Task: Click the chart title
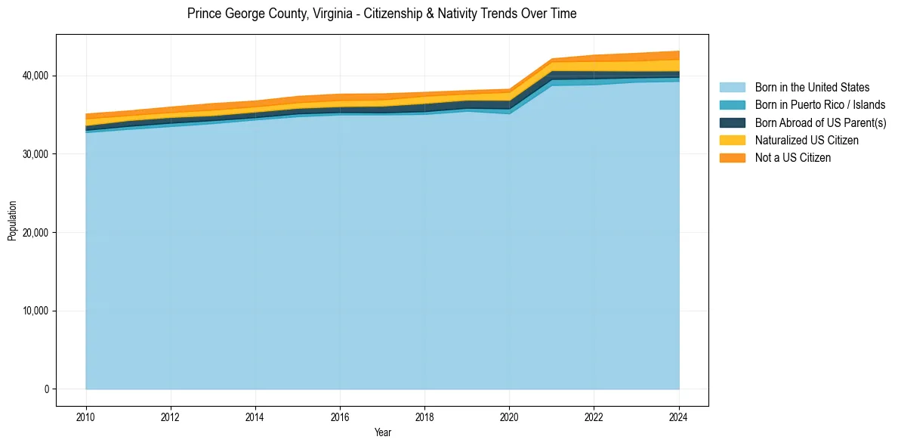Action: tap(381, 14)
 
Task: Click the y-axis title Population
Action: tap(12, 221)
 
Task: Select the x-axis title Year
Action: tap(383, 432)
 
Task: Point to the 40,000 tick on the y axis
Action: tap(35, 76)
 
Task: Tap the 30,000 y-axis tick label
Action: tap(35, 154)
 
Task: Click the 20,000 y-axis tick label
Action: tap(35, 232)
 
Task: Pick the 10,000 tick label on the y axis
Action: tap(35, 311)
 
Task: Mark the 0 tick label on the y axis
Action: tap(46, 389)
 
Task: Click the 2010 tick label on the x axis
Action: tap(86, 416)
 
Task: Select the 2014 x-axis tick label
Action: tap(255, 416)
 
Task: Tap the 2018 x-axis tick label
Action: tap(424, 416)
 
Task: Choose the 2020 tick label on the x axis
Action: tap(509, 416)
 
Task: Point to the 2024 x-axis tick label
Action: tap(679, 416)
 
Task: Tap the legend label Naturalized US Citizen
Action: tap(807, 140)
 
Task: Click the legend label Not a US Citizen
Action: tap(793, 157)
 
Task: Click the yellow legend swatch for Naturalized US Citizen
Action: tap(732, 140)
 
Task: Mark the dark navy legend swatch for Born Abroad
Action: tap(732, 122)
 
